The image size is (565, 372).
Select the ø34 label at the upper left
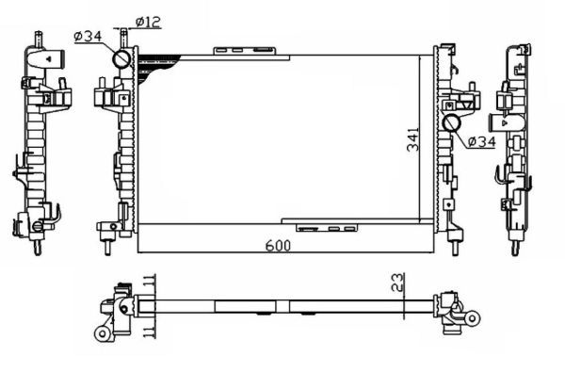[x=88, y=38]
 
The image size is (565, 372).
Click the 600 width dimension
[x=277, y=246]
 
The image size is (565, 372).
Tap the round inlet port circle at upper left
[x=123, y=59]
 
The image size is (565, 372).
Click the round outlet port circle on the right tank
[x=451, y=123]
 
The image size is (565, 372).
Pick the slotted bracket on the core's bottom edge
[x=327, y=227]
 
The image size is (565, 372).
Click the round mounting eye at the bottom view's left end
[x=99, y=332]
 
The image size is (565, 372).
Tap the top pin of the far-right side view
[x=517, y=46]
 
